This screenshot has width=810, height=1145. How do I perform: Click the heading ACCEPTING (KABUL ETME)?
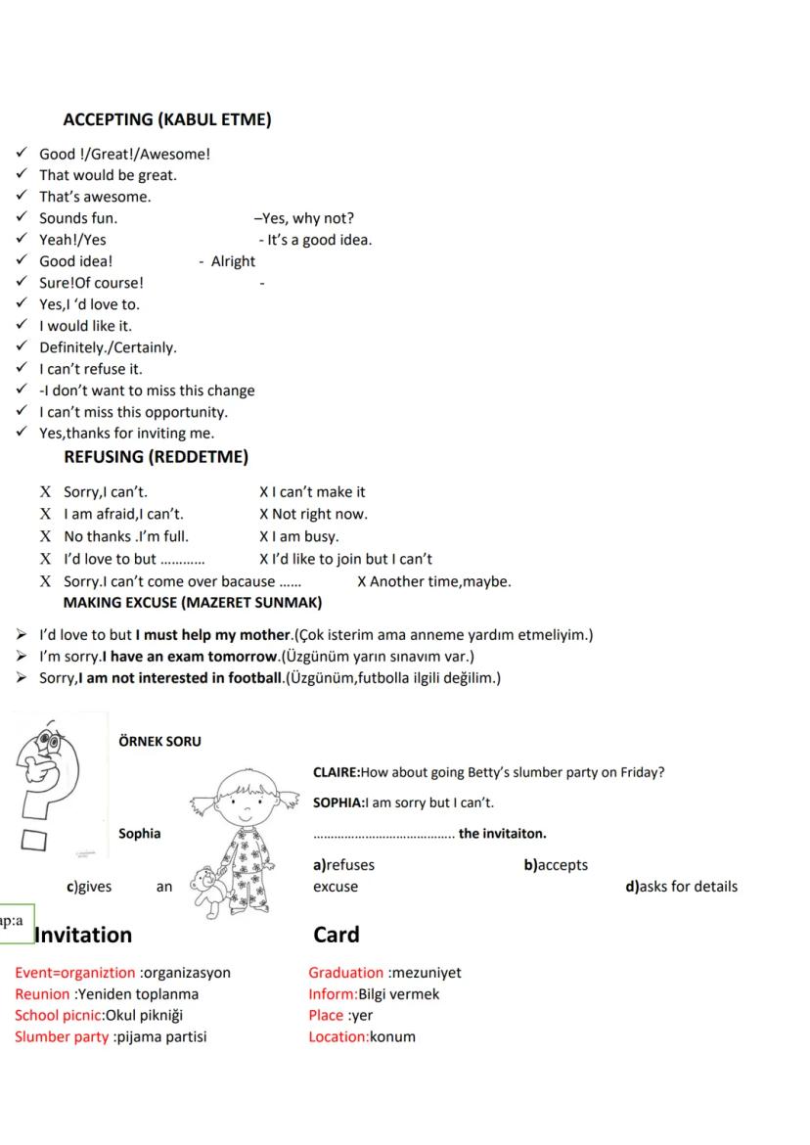click(x=166, y=120)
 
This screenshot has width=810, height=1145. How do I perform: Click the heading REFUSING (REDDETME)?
click(x=156, y=457)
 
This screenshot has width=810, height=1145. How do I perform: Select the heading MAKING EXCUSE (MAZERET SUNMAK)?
click(x=192, y=602)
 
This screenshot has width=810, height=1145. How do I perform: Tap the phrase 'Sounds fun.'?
click(x=78, y=218)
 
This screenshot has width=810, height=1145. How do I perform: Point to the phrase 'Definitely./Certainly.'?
click(x=108, y=347)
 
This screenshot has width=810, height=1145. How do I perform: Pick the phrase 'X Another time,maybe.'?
click(x=433, y=581)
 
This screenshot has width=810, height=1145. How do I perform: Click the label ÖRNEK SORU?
click(x=159, y=741)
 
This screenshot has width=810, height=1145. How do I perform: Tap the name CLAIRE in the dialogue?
click(x=336, y=772)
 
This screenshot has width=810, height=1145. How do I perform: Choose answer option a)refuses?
click(x=343, y=865)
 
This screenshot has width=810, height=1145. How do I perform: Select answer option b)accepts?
click(x=556, y=865)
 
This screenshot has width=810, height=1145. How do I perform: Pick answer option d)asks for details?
click(x=681, y=887)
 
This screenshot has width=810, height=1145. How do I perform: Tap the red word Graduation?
click(x=346, y=973)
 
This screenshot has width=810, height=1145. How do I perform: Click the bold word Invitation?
click(x=83, y=935)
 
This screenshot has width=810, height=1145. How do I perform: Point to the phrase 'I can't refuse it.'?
click(x=90, y=369)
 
